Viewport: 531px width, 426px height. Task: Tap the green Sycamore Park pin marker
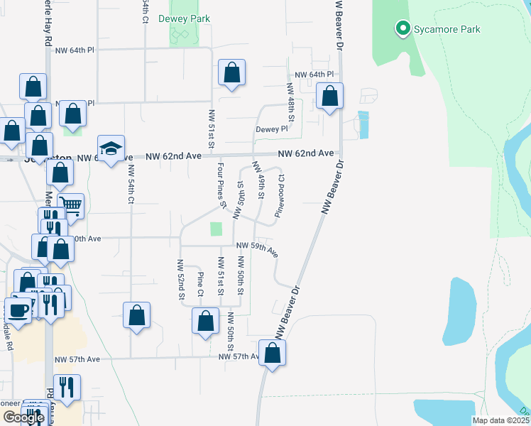click(403, 29)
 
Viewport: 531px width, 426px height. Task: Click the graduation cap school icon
click(111, 148)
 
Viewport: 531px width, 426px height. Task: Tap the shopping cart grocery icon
click(70, 206)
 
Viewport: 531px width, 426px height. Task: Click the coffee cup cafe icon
click(18, 310)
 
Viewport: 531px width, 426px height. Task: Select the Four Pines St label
click(222, 187)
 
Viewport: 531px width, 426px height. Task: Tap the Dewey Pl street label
click(272, 129)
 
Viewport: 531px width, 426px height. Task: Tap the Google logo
click(23, 417)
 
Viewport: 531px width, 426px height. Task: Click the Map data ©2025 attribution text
click(501, 420)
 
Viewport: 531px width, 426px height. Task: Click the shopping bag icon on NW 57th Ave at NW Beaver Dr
click(273, 353)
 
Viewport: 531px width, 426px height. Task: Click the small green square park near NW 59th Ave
click(216, 229)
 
